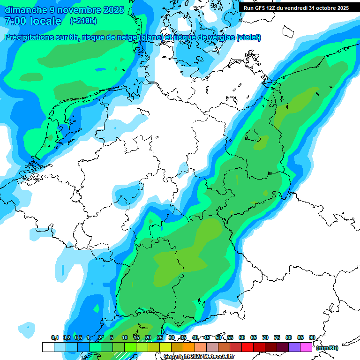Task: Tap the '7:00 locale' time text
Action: tap(33, 21)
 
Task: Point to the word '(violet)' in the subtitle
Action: tap(248, 37)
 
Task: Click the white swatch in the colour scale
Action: tap(48, 347)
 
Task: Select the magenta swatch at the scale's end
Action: tap(306, 347)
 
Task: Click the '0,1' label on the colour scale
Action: tap(54, 337)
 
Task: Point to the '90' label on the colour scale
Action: tap(312, 337)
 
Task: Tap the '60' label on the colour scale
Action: tap(242, 337)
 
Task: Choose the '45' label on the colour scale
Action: tap(207, 337)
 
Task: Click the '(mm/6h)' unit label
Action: tap(327, 348)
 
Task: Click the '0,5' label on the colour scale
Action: tap(78, 337)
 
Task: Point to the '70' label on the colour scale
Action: tap(265, 337)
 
